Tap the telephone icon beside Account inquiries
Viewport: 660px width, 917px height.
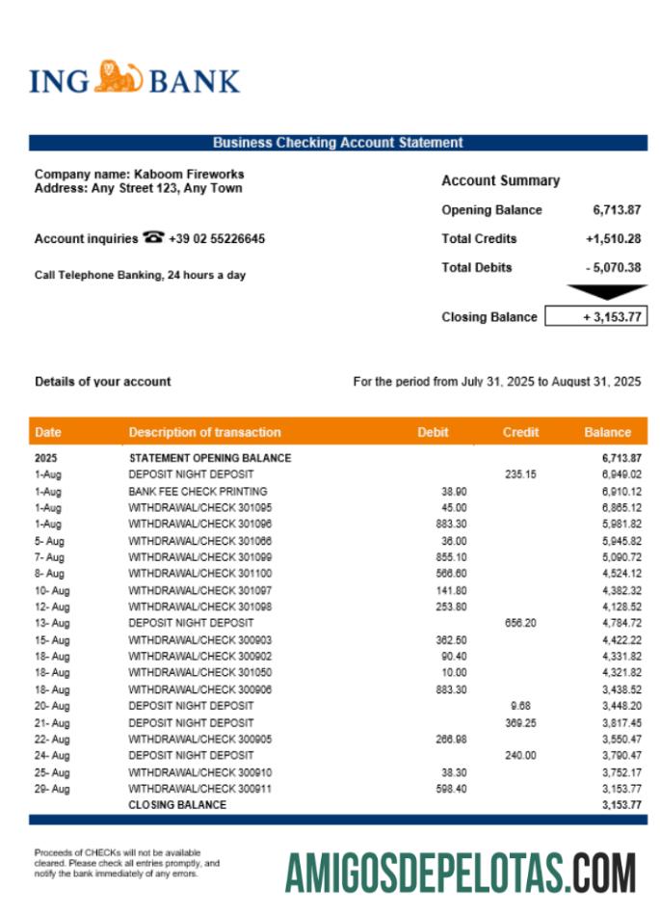coord(153,237)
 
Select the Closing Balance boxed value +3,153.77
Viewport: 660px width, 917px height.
coord(596,316)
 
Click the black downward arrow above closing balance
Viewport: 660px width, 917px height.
coord(607,291)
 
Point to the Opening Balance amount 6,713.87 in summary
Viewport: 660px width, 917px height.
coord(617,209)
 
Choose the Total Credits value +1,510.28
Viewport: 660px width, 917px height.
coord(613,238)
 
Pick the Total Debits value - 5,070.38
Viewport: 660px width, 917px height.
coord(613,267)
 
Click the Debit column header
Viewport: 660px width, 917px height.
coord(433,432)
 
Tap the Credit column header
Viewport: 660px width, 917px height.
coord(520,432)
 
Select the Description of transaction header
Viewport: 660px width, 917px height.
coord(204,432)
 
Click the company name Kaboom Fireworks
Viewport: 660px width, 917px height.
coord(189,175)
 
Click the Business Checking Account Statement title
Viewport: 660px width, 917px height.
coord(337,143)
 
